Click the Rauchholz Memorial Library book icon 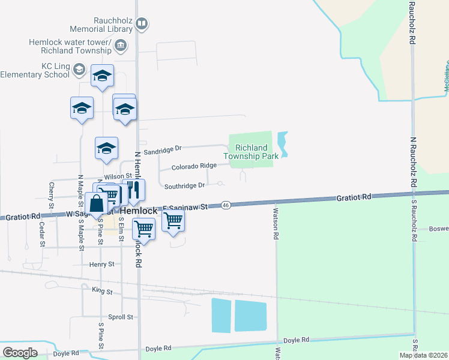pyautogui.click(x=142, y=25)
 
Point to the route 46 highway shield pyautogui.click(x=225, y=205)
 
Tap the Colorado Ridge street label pyautogui.click(x=194, y=166)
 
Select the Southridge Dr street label pyautogui.click(x=184, y=185)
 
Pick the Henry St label pyautogui.click(x=101, y=264)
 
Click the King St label pyautogui.click(x=102, y=291)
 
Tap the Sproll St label pyautogui.click(x=121, y=317)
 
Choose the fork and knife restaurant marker pyautogui.click(x=134, y=190)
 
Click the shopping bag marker pyautogui.click(x=97, y=203)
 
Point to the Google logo pyautogui.click(x=20, y=353)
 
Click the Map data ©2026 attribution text pyautogui.click(x=423, y=355)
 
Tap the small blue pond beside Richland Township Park pyautogui.click(x=282, y=145)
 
